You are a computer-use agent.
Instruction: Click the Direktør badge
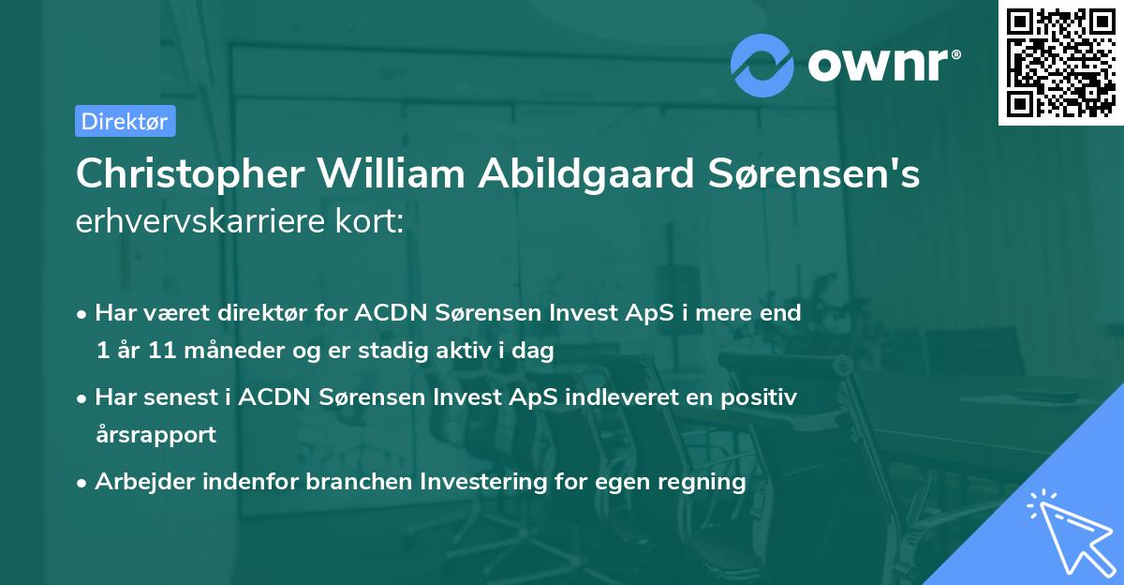(x=125, y=121)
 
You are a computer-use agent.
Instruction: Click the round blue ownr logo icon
(x=762, y=65)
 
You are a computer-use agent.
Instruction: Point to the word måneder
(x=226, y=352)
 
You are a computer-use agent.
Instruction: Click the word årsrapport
(x=155, y=435)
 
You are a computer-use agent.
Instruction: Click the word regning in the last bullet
(x=709, y=482)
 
